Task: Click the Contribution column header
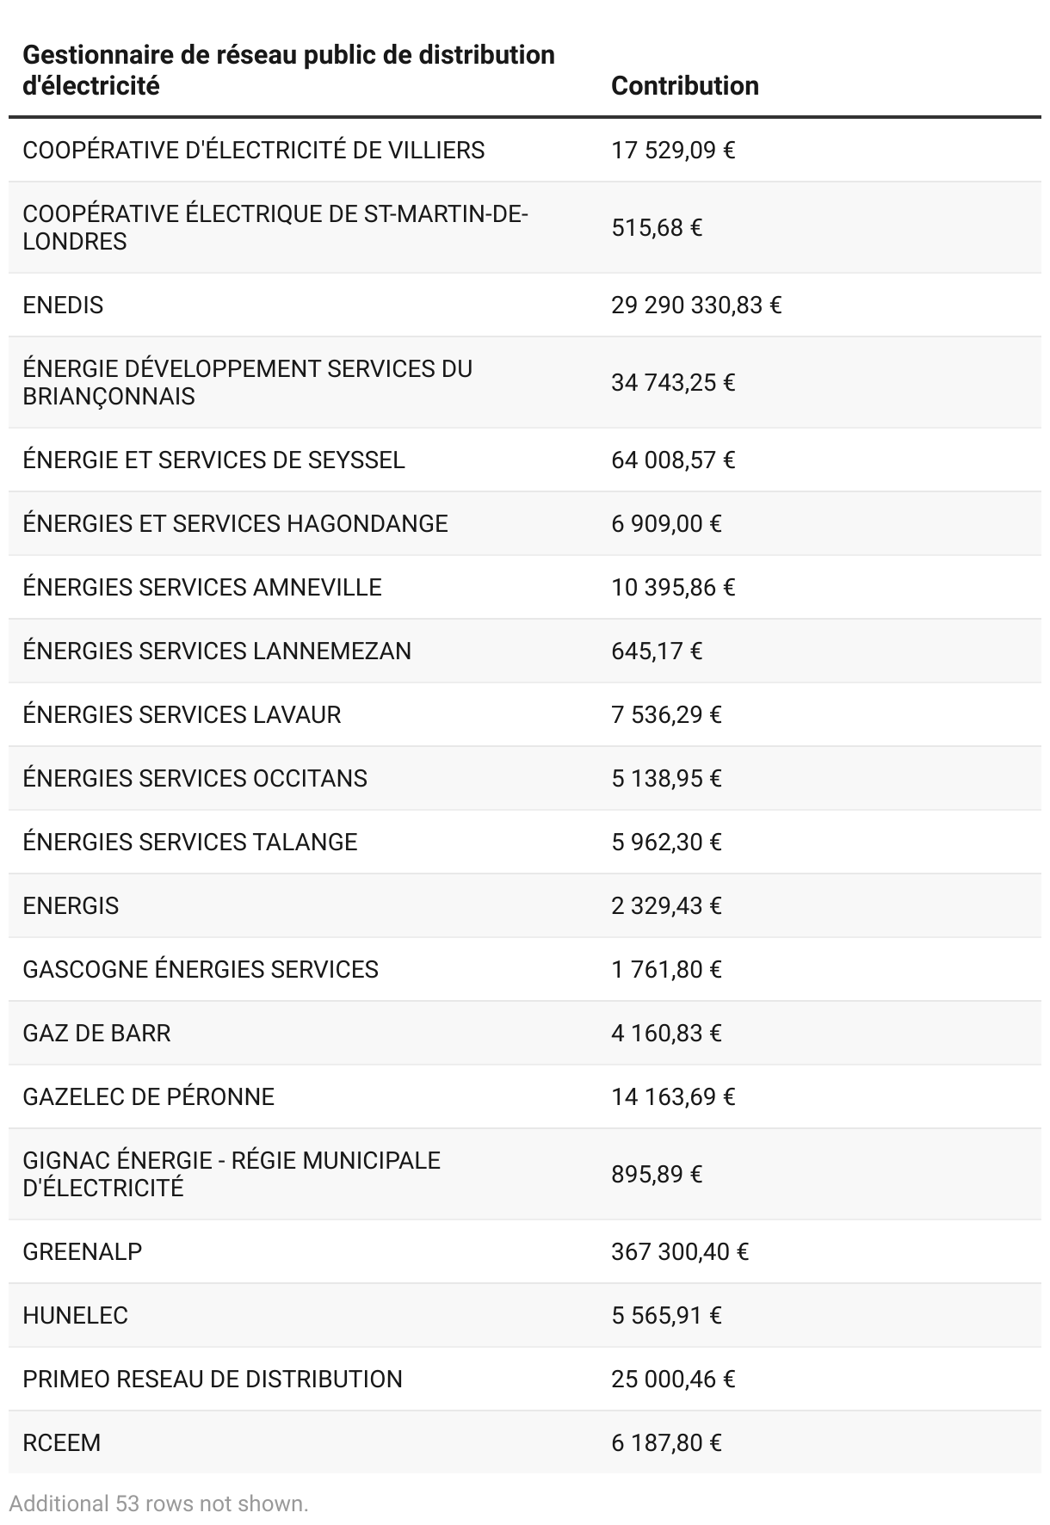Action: pyautogui.click(x=684, y=86)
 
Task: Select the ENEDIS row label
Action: pyautogui.click(x=63, y=306)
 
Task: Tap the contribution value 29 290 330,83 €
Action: pyautogui.click(x=695, y=306)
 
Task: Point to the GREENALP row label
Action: pyautogui.click(x=83, y=1251)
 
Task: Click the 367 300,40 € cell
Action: pyautogui.click(x=679, y=1251)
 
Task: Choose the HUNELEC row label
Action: pyautogui.click(x=75, y=1315)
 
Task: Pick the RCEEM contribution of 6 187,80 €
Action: pyautogui.click(x=666, y=1442)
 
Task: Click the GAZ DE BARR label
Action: pyautogui.click(x=96, y=1033)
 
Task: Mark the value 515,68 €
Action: pyautogui.click(x=657, y=228)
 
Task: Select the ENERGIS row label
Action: pyautogui.click(x=71, y=905)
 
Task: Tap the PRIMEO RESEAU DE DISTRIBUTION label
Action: pyautogui.click(x=213, y=1379)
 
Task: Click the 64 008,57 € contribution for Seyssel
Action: pyautogui.click(x=673, y=460)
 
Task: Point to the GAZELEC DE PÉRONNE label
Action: pyautogui.click(x=148, y=1096)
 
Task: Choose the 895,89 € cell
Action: pyautogui.click(x=657, y=1175)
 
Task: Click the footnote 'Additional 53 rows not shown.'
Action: pyautogui.click(x=158, y=1503)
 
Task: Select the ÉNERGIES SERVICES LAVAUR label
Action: pyautogui.click(x=182, y=714)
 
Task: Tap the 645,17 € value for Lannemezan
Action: pyautogui.click(x=657, y=651)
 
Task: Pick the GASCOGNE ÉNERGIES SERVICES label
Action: pyautogui.click(x=201, y=969)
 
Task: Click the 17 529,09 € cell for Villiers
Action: pyautogui.click(x=673, y=151)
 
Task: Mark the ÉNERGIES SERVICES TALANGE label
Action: pyautogui.click(x=189, y=842)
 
